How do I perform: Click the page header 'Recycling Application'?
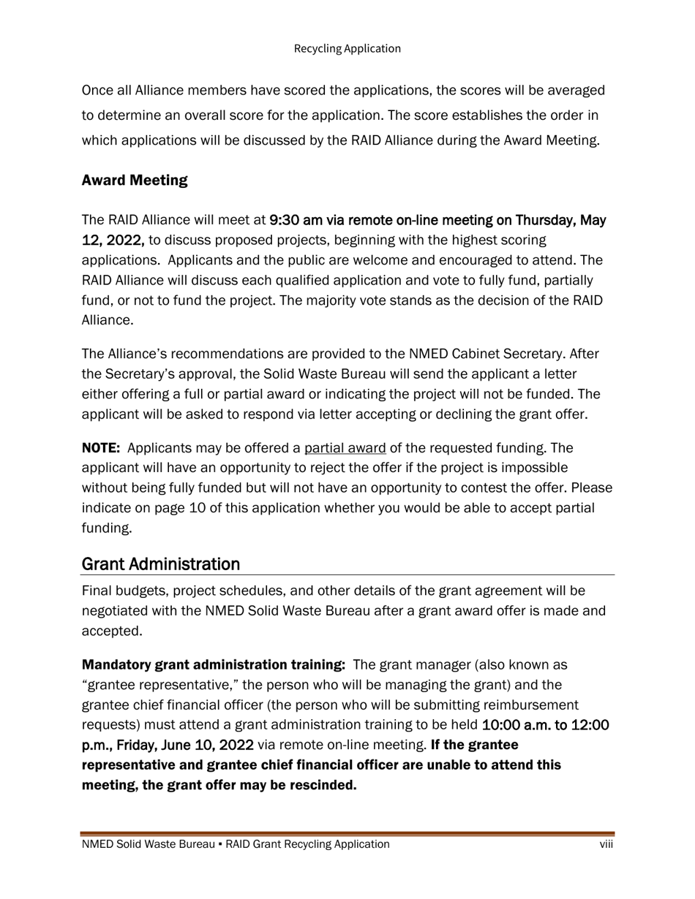tap(347, 48)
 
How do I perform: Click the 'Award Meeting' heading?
tap(135, 180)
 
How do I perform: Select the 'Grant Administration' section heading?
tap(161, 564)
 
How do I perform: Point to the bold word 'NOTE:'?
tap(101, 447)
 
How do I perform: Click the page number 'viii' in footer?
tap(606, 844)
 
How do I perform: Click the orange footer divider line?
tap(347, 833)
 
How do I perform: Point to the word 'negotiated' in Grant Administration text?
tap(113, 610)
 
